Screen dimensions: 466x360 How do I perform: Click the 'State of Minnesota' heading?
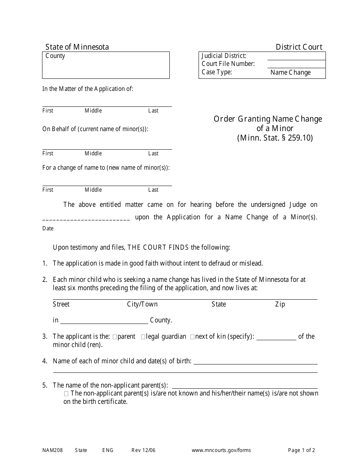click(77, 47)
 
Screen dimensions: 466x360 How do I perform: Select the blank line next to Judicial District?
click(296, 56)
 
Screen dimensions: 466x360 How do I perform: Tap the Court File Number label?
click(228, 64)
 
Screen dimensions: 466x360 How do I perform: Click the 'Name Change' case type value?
click(290, 72)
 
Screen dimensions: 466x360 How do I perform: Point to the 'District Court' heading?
click(299, 47)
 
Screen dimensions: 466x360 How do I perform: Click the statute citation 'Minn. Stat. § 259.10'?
click(275, 138)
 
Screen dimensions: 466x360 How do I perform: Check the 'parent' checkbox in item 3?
click(115, 337)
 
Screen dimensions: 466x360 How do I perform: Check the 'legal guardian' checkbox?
click(143, 337)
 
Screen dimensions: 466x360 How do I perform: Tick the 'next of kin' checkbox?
click(192, 337)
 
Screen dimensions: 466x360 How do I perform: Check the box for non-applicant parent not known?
click(66, 394)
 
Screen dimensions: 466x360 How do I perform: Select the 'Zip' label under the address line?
click(280, 304)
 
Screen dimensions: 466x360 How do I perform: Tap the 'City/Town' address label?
click(142, 304)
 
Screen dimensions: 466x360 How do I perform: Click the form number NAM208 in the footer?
click(52, 450)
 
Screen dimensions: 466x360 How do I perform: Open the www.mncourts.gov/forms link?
click(221, 450)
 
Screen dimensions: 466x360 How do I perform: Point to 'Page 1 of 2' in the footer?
click(301, 450)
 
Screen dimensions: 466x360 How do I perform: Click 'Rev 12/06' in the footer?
click(143, 450)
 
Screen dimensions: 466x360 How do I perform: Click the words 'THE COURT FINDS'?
click(158, 248)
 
